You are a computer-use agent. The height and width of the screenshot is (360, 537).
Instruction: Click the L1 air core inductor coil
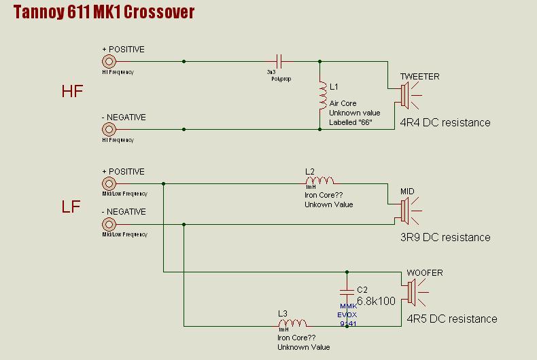[x=322, y=95]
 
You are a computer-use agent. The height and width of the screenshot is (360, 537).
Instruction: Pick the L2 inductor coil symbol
[x=319, y=181]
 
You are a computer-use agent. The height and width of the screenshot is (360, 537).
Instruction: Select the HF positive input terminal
[x=107, y=61]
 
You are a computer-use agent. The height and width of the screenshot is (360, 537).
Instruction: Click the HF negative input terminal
[x=107, y=129]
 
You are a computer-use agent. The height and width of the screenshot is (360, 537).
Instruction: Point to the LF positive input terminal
[x=107, y=183]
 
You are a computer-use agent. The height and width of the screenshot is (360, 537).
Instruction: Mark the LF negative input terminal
[x=107, y=223]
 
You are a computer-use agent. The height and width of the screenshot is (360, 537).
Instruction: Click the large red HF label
[x=72, y=91]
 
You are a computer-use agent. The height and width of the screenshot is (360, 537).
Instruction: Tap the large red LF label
[x=71, y=206]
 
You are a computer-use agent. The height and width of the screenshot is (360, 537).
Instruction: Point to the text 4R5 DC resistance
[x=452, y=319]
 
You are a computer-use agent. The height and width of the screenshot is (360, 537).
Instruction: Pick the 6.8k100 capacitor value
[x=376, y=300]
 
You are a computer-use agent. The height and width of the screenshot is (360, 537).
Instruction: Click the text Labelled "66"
[x=351, y=122]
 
